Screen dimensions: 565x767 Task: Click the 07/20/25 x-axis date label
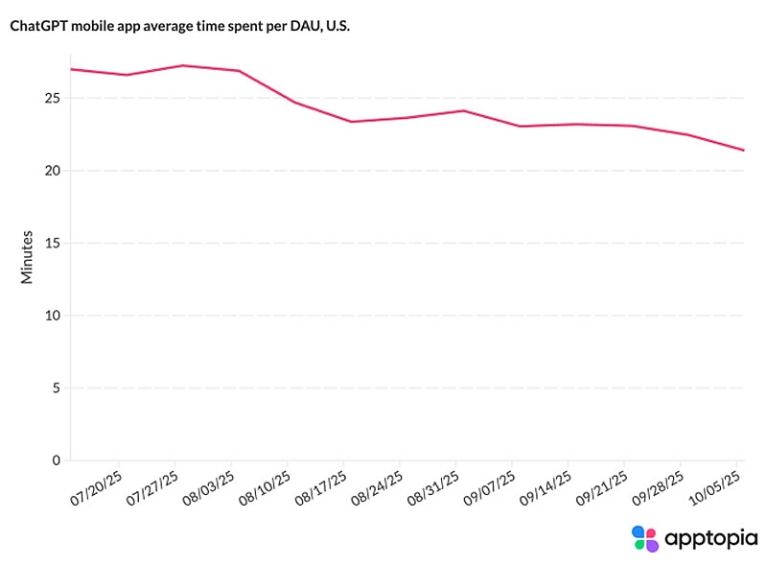(97, 488)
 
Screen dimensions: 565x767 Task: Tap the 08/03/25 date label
(208, 488)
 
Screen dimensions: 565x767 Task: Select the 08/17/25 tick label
(320, 488)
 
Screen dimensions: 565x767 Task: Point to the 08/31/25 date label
(431, 488)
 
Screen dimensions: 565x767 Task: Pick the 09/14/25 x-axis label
(544, 488)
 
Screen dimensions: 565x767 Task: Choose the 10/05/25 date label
(715, 488)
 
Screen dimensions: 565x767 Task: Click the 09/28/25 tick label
(658, 488)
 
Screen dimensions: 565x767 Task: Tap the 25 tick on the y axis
(53, 99)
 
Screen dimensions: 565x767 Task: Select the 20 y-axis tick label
(53, 171)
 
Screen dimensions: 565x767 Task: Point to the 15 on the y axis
(53, 244)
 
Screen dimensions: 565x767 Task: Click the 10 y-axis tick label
(53, 316)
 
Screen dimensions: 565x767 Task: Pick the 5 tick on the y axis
(57, 388)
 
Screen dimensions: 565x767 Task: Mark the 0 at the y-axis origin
(57, 460)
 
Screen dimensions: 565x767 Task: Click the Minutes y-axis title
(28, 256)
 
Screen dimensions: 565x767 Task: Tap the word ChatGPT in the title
(38, 28)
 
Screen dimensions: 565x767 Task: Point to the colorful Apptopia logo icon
(645, 537)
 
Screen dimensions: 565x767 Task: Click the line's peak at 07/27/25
(182, 65)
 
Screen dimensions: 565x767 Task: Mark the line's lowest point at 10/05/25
(744, 150)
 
